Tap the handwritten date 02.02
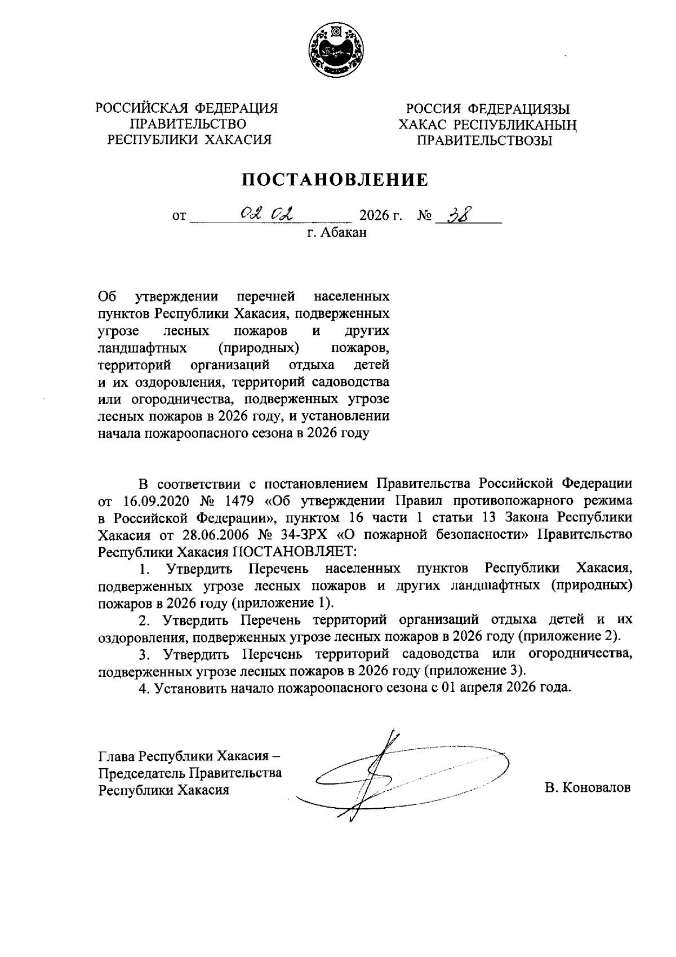[267, 214]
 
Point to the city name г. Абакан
[337, 232]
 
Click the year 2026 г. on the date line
[381, 216]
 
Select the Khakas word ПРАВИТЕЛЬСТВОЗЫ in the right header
[484, 140]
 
